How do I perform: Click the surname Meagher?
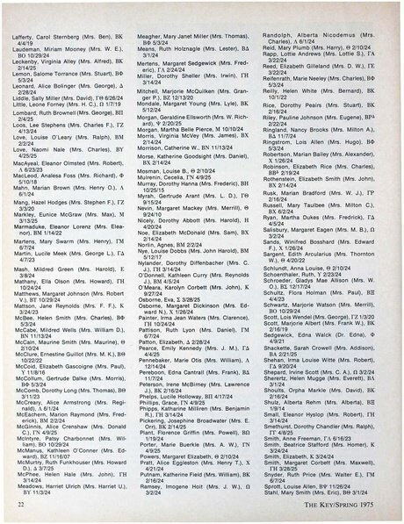point(153,9)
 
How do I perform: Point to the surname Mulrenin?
point(153,179)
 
